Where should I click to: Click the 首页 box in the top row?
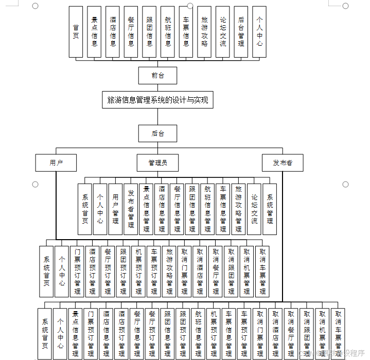(x=76, y=31)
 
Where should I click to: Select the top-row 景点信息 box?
(x=94, y=31)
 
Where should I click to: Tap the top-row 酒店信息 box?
(x=113, y=31)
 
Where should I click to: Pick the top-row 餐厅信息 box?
(x=131, y=31)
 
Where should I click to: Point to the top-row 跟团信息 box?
(x=149, y=31)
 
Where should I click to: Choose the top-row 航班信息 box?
(x=168, y=31)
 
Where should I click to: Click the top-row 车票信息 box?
(x=186, y=31)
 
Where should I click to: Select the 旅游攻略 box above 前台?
(x=204, y=31)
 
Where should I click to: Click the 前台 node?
(x=157, y=76)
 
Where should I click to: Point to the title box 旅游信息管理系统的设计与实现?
(x=157, y=100)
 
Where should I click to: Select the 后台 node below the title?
(x=157, y=134)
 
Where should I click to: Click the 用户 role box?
(x=56, y=163)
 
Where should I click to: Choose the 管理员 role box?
(x=157, y=163)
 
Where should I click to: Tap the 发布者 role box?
(x=283, y=163)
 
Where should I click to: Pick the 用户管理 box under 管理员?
(x=115, y=209)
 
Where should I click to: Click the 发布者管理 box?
(x=131, y=209)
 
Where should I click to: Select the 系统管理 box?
(x=270, y=209)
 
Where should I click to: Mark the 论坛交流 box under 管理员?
(x=254, y=209)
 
